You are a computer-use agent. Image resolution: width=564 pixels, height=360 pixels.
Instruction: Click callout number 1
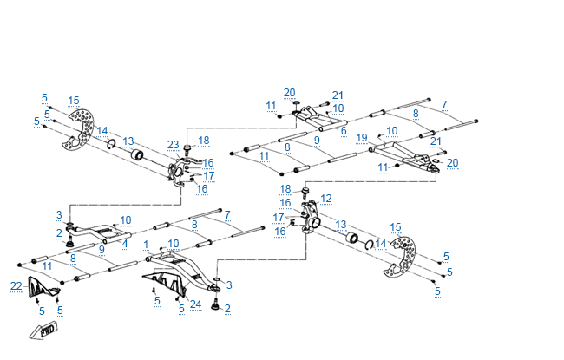148,244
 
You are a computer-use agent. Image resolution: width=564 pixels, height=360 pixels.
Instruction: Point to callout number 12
325,199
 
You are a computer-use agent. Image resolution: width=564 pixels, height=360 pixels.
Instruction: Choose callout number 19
362,137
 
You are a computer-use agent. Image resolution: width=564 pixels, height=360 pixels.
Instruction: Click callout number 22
16,286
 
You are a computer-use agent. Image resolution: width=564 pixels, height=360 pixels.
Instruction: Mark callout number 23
174,144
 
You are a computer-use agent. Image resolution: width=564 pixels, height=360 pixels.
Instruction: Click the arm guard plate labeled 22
42,286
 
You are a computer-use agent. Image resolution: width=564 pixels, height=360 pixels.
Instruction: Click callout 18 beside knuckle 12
285,188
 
